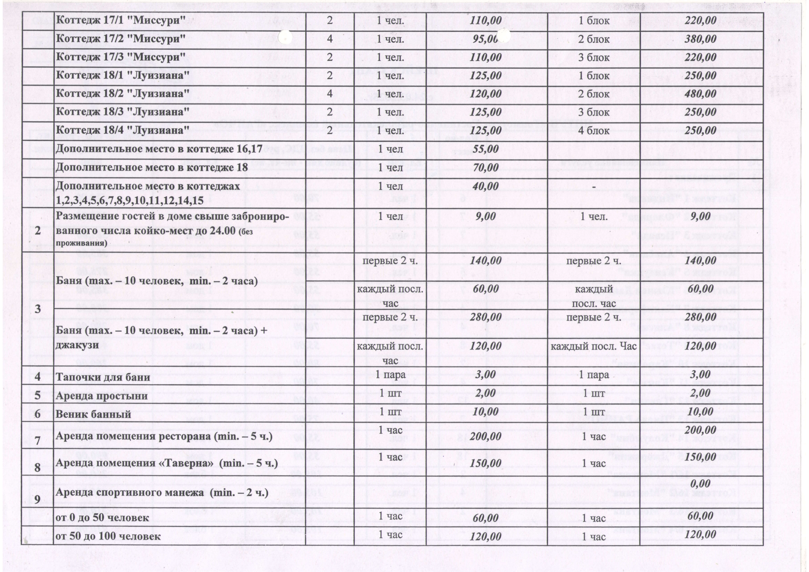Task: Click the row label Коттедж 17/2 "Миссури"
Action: point(120,39)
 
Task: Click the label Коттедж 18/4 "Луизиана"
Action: point(122,130)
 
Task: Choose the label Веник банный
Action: point(93,414)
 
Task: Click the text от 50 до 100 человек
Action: point(109,536)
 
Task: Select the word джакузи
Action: point(77,345)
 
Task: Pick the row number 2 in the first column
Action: point(37,231)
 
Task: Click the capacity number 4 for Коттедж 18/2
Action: point(329,94)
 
